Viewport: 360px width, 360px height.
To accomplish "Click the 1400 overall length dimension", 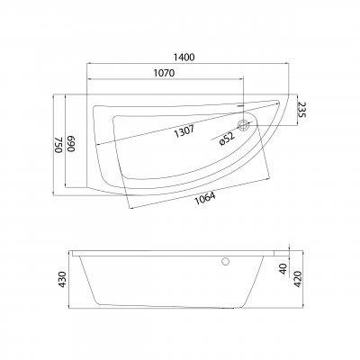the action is pyautogui.click(x=184, y=58).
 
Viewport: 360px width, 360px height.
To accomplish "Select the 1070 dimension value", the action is pyautogui.click(x=164, y=73).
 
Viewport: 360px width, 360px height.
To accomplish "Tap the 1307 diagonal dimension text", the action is pyautogui.click(x=184, y=131).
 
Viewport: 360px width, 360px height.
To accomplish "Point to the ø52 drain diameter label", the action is pyautogui.click(x=227, y=139).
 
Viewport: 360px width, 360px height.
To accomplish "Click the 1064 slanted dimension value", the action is pyautogui.click(x=205, y=199).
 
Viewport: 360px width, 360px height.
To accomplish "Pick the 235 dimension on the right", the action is pyautogui.click(x=302, y=110).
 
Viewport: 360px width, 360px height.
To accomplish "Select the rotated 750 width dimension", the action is pyautogui.click(x=58, y=145).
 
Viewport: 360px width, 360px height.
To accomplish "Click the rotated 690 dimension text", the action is pyautogui.click(x=71, y=145).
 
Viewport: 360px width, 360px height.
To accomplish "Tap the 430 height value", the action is pyautogui.click(x=62, y=279).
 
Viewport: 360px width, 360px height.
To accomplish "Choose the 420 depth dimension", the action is pyautogui.click(x=297, y=279).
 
